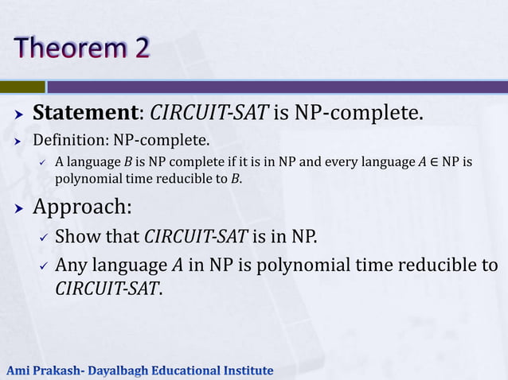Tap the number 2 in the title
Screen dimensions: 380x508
click(x=138, y=48)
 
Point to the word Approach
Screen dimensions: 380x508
click(x=80, y=208)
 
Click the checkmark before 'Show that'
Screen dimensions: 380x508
click(x=45, y=238)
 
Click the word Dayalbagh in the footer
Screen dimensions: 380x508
click(x=115, y=370)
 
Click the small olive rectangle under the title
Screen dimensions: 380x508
click(x=22, y=87)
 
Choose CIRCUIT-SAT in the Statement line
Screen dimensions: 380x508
click(x=209, y=113)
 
